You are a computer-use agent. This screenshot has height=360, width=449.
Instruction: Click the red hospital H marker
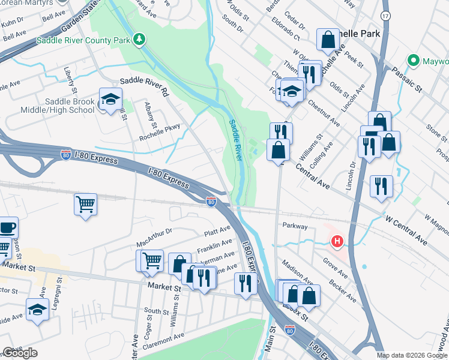pyautogui.click(x=337, y=242)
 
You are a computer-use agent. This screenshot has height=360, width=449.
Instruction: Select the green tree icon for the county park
pyautogui.click(x=139, y=40)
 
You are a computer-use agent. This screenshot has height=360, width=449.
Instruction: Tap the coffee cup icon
pyautogui.click(x=7, y=228)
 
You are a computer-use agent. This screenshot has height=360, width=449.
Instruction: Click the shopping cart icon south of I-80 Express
pyautogui.click(x=85, y=204)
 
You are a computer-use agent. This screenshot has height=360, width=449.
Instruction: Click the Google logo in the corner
pyautogui.click(x=20, y=353)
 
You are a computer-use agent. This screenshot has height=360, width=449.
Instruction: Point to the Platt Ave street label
pyautogui.click(x=217, y=230)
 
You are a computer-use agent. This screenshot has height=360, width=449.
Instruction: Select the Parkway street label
pyautogui.click(x=295, y=227)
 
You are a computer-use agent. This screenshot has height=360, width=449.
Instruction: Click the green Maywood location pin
pyautogui.click(x=413, y=61)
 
